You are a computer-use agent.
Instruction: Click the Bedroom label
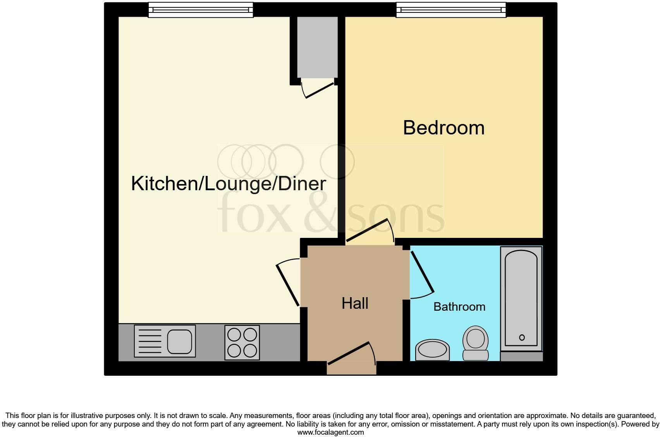pyautogui.click(x=443, y=128)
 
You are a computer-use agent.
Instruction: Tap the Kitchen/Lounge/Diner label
pyautogui.click(x=229, y=184)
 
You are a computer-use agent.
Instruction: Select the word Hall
pyautogui.click(x=355, y=303)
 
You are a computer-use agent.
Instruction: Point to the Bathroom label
pyautogui.click(x=459, y=307)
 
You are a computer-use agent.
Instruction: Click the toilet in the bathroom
pyautogui.click(x=476, y=342)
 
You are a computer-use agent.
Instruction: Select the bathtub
pyautogui.click(x=521, y=298)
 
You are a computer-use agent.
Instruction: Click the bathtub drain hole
pyautogui.click(x=522, y=337)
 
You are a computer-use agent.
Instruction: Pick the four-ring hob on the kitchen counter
pyautogui.click(x=242, y=342)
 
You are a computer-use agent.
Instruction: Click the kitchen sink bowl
pyautogui.click(x=179, y=341)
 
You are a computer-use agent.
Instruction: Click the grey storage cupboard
pyautogui.click(x=317, y=47)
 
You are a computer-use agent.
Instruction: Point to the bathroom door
pyautogui.click(x=422, y=272)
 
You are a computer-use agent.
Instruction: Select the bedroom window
pyautogui.click(x=451, y=10)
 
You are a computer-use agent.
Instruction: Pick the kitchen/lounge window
pyautogui.click(x=201, y=10)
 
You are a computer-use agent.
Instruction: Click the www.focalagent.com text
pyautogui.click(x=330, y=432)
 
